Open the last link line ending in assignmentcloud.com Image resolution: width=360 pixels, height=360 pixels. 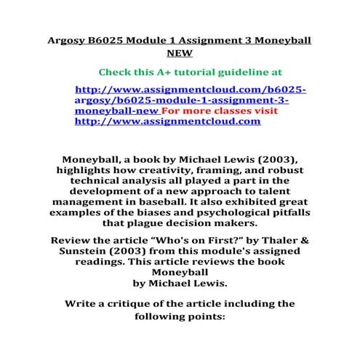click(x=167, y=123)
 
